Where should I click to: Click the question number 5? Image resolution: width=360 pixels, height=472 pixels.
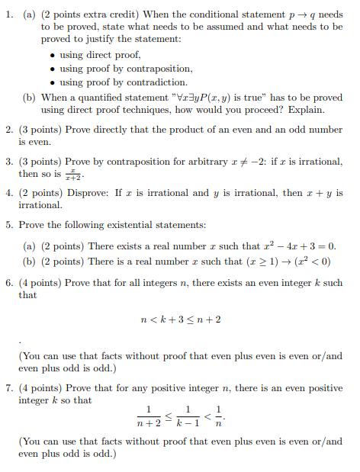[11, 226]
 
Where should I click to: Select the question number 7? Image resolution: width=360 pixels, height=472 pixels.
[11, 388]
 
